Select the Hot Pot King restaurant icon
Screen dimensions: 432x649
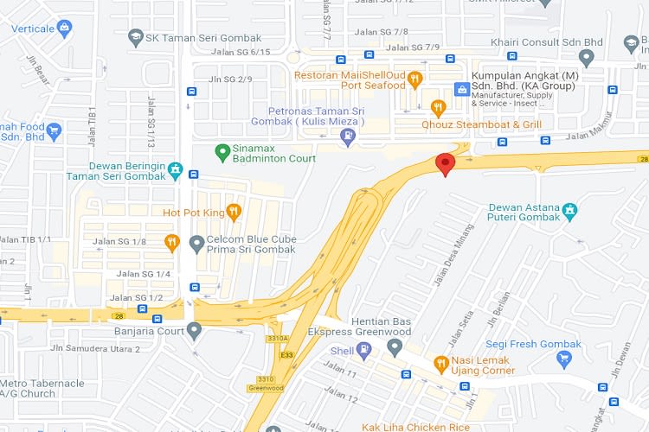234,212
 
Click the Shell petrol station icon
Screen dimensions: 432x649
364,350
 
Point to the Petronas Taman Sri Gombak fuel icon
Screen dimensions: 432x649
348,136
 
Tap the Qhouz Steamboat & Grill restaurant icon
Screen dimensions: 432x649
438,108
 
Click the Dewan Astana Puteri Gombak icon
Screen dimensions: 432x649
569,210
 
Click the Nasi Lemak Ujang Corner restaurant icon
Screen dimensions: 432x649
440,364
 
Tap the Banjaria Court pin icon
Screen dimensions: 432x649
194,329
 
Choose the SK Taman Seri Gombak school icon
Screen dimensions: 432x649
135,36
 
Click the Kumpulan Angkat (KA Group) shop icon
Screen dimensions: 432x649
462,89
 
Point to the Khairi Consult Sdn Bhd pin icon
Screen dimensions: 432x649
587,58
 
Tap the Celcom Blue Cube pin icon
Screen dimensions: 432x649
196,245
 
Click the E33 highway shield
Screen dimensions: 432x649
287,353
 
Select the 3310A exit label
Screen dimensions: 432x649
279,339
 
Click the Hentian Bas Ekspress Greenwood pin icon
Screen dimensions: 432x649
395,347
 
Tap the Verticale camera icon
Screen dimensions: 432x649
64,29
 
